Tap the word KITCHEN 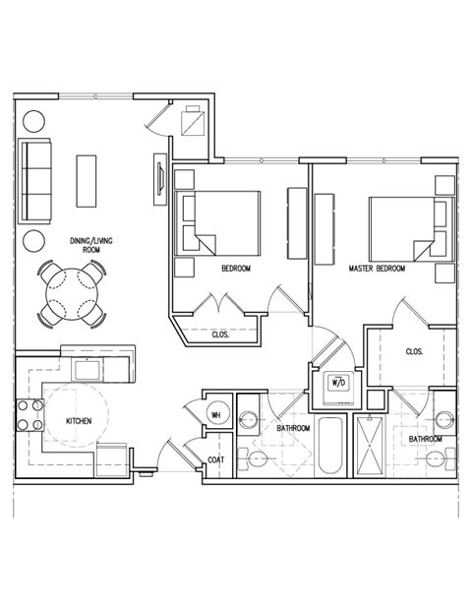[79, 420]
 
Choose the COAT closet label [216, 460]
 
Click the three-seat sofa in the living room [36, 180]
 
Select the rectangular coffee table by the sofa [87, 181]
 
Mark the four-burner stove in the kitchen [29, 417]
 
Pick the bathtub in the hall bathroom [329, 449]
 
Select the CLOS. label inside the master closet [415, 351]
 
